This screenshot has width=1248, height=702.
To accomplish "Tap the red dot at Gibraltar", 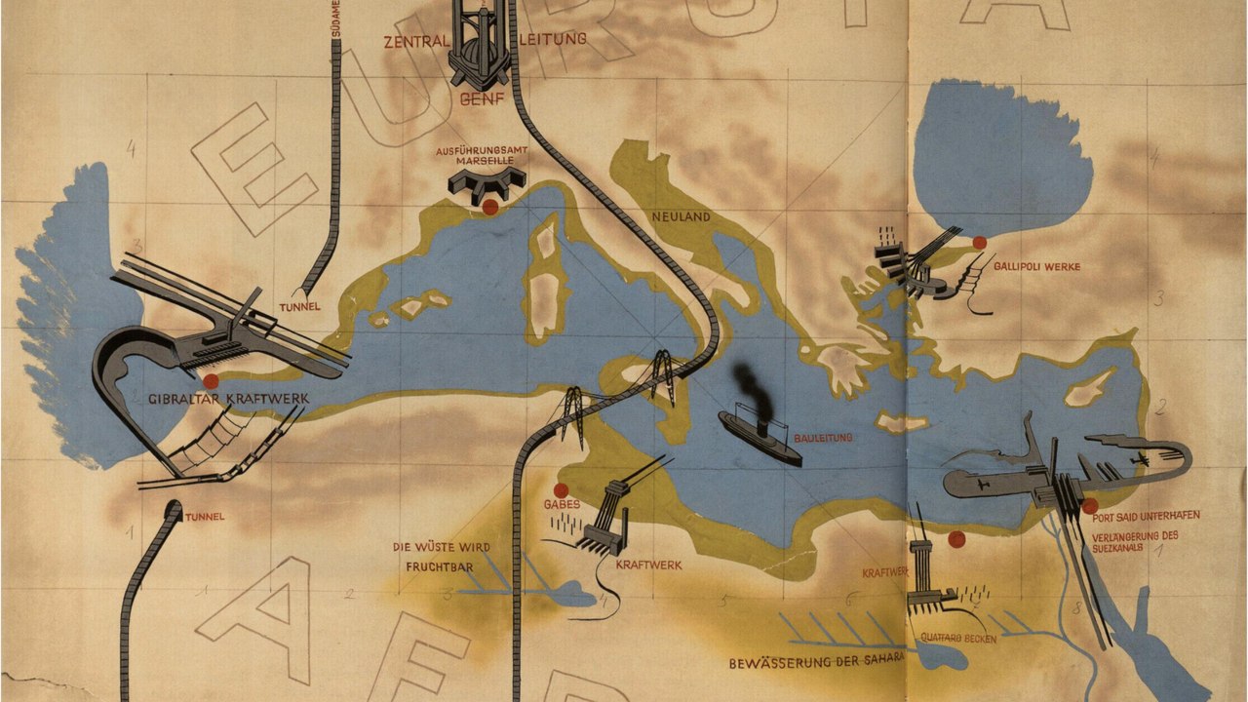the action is click(x=211, y=381).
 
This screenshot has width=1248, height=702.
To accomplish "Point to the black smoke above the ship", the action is click(x=749, y=385).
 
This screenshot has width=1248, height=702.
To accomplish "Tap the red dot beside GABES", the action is click(x=561, y=489).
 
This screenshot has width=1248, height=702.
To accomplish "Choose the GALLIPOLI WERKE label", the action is click(x=1036, y=266).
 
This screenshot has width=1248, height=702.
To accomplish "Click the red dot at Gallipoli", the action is click(x=980, y=243).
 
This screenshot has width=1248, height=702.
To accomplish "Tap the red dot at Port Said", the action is click(x=1089, y=505).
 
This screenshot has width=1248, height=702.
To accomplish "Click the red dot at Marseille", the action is click(x=489, y=208).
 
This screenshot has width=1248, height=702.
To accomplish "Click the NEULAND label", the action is click(x=681, y=216).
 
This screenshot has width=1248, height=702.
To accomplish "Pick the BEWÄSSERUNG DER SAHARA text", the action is click(x=817, y=664).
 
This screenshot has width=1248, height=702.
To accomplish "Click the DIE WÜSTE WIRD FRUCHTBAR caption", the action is click(x=441, y=555).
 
